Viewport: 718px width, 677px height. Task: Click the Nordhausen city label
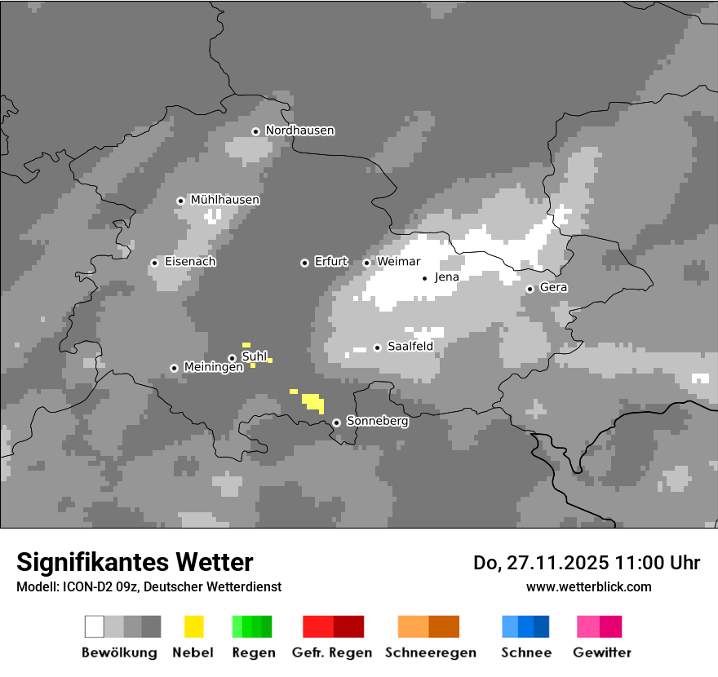pos(299,131)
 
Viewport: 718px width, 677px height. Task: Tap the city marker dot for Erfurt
pos(304,263)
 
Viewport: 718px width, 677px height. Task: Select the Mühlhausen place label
pos(224,200)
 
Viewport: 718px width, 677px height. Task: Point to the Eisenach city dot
pos(154,263)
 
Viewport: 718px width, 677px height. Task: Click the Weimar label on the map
pos(398,262)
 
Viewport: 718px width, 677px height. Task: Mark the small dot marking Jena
pos(424,278)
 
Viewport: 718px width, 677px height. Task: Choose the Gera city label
pos(553,288)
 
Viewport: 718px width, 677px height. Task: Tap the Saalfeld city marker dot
pos(377,347)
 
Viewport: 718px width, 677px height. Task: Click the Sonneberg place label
pos(377,422)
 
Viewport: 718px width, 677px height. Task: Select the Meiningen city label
pos(213,368)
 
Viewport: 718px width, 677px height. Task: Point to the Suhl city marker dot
pos(232,358)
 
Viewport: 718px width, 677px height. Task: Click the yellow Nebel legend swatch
pos(194,626)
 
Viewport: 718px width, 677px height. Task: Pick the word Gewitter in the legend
pos(602,653)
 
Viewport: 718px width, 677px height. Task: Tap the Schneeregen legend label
pos(430,653)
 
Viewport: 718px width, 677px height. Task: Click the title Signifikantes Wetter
pos(135,562)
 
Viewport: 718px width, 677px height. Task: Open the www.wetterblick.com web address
pos(588,586)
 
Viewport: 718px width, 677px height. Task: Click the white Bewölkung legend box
pos(95,626)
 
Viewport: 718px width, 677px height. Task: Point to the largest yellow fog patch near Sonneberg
pos(313,401)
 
